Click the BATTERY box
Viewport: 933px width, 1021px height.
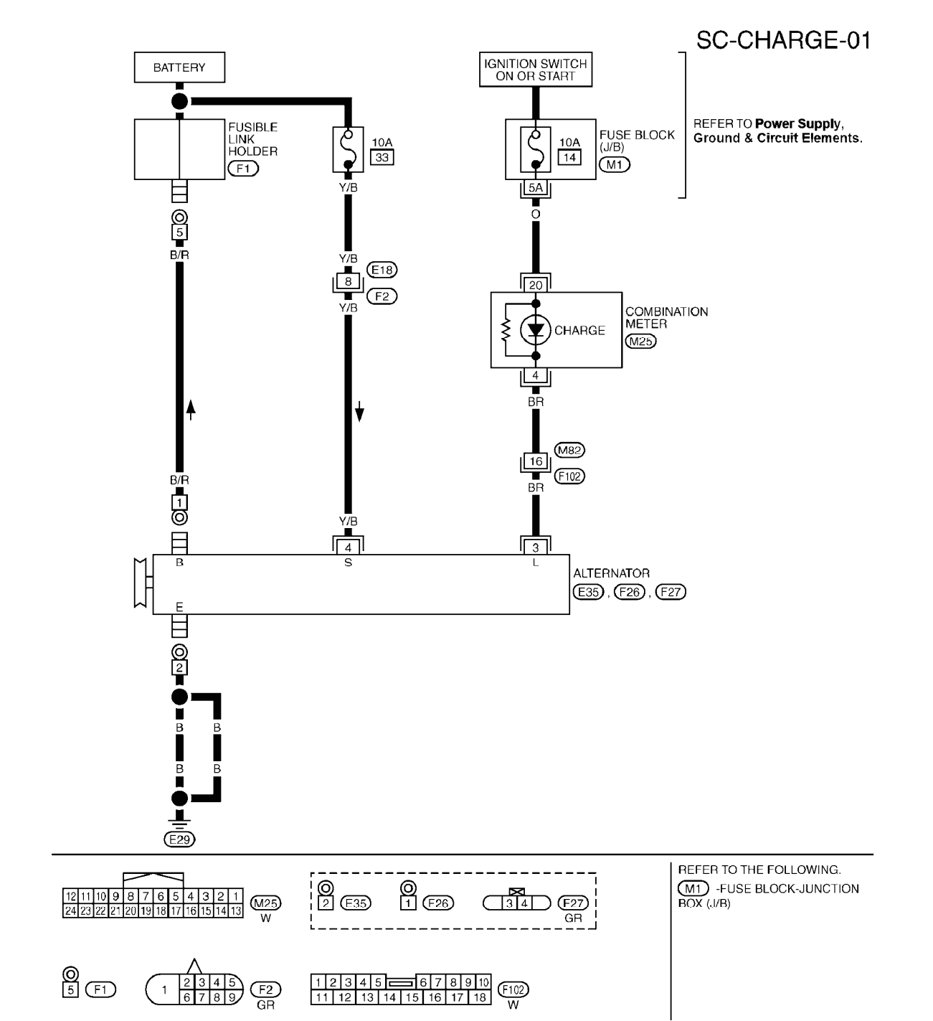pos(179,67)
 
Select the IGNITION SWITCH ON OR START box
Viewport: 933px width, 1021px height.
pos(536,70)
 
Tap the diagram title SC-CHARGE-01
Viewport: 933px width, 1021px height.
pos(784,40)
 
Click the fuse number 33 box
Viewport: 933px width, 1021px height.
pos(382,157)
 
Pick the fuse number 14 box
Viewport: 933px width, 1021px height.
pos(569,157)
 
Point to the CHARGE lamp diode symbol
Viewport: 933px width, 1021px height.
pos(536,330)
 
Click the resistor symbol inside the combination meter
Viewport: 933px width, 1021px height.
pos(506,330)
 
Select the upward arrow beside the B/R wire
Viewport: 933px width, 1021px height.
pos(191,410)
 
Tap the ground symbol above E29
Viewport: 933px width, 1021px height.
pos(179,822)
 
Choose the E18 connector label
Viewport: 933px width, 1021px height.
pos(382,270)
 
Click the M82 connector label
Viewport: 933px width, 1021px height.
pos(569,450)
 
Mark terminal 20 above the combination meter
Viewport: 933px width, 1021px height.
pos(536,285)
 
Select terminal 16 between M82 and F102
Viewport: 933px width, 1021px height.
pos(536,461)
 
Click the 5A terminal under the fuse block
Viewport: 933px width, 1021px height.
pos(536,188)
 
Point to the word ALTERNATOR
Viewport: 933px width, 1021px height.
pos(611,573)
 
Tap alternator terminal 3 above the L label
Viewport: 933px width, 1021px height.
pos(536,547)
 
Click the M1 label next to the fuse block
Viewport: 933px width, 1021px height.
pos(614,164)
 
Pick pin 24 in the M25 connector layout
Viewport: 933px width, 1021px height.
pos(70,911)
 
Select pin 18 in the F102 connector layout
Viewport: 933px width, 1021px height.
pos(480,997)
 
